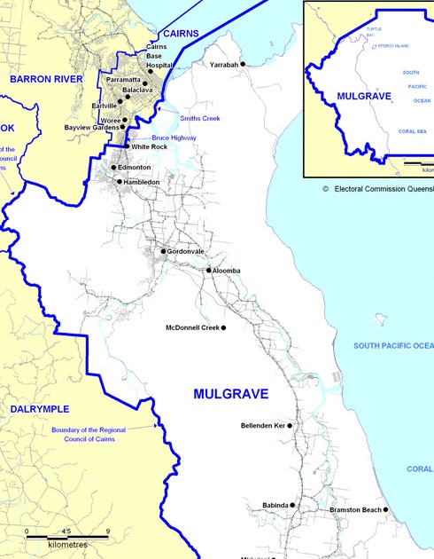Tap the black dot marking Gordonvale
(163, 251)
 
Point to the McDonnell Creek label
(191, 327)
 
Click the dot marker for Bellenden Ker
(290, 426)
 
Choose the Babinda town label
(275, 505)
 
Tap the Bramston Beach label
(355, 510)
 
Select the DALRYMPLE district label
(39, 408)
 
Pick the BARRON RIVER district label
(45, 79)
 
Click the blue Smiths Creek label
(199, 118)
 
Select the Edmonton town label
(134, 167)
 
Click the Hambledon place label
(142, 182)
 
